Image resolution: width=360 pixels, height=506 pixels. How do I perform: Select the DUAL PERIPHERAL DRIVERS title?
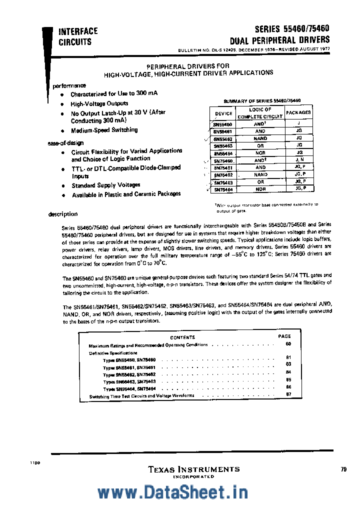(279, 40)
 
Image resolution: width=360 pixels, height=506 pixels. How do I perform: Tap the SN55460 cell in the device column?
(222, 123)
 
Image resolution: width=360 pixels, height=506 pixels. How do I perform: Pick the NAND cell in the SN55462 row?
(260, 138)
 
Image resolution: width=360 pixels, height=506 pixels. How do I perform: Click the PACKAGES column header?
(299, 112)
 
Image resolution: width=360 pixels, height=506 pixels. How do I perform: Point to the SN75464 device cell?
(222, 189)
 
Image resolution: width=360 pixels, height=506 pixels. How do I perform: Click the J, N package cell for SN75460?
(299, 160)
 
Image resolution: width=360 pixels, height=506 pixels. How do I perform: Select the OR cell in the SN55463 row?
(260, 145)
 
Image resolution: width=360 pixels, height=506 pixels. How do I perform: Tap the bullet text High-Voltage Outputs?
(99, 104)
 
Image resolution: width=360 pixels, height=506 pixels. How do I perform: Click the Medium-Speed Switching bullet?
(104, 130)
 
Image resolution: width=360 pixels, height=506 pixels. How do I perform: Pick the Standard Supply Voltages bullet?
(105, 185)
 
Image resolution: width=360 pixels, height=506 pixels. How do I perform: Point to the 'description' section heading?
(62, 214)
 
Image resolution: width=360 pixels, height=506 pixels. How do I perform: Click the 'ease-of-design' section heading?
(66, 143)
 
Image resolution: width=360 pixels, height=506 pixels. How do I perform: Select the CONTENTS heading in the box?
(182, 337)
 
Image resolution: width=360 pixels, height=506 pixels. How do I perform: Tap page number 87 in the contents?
(288, 394)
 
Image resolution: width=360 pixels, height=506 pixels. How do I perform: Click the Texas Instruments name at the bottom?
(193, 469)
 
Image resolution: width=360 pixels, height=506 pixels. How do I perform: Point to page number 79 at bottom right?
(343, 469)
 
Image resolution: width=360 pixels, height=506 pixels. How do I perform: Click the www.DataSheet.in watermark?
(180, 492)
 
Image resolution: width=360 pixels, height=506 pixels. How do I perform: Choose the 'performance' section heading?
(69, 85)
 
